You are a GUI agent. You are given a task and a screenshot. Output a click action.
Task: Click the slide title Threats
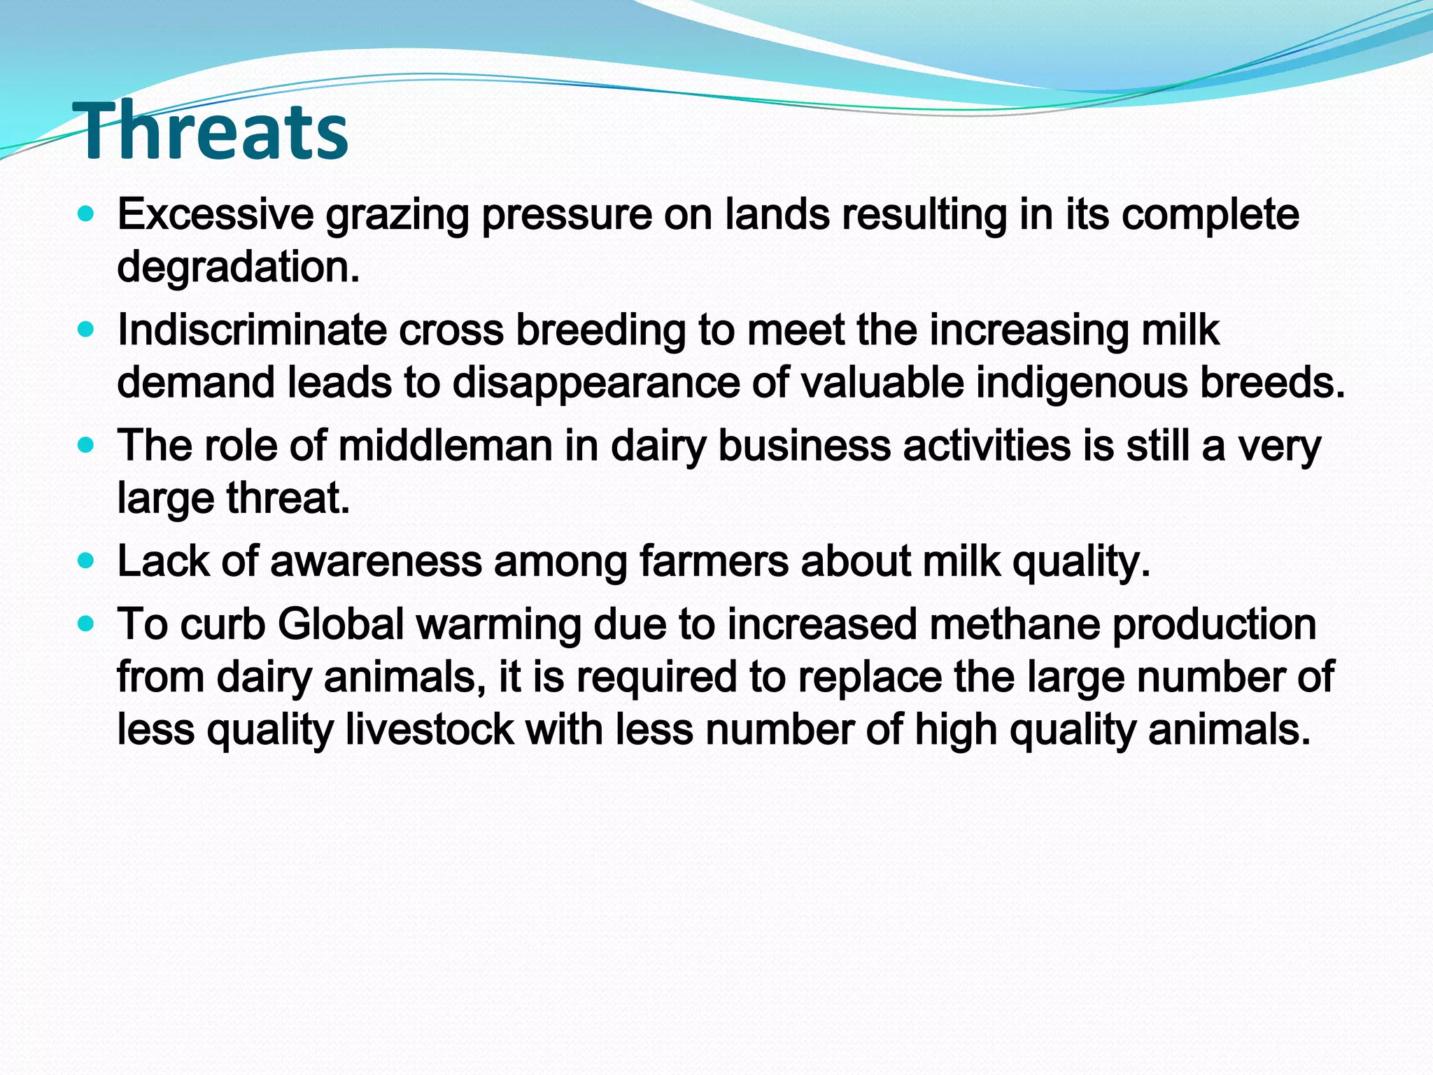(213, 132)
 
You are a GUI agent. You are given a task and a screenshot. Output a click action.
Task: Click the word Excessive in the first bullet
(215, 214)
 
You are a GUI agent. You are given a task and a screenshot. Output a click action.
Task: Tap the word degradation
(238, 267)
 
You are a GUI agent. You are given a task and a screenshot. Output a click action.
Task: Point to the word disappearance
(595, 383)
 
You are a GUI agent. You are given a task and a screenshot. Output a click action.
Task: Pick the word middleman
(446, 446)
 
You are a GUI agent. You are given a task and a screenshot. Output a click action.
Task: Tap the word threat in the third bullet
(287, 498)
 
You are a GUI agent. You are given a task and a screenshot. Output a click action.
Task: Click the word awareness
(376, 561)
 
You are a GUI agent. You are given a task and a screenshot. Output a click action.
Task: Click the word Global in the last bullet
(341, 624)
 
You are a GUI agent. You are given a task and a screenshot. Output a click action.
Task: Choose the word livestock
(429, 729)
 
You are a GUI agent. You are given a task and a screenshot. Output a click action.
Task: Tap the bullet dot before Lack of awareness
(86, 561)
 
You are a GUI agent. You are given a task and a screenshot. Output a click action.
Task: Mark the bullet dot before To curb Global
(86, 624)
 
